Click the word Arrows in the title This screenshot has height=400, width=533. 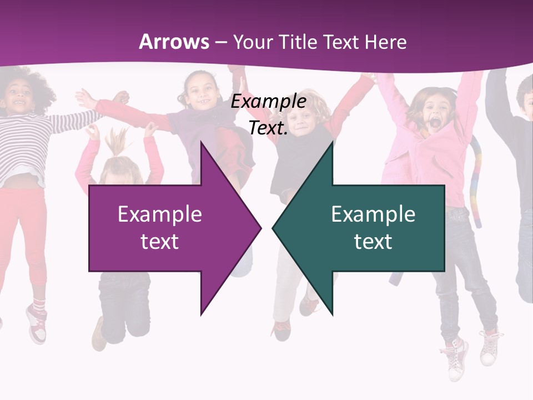174,42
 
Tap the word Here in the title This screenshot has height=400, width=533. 385,42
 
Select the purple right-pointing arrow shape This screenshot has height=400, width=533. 167,228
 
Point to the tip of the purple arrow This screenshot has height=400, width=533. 260,228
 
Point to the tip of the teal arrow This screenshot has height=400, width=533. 273,228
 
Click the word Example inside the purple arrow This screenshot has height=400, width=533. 160,214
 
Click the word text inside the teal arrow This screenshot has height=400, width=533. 373,241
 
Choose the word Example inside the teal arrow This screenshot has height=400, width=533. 373,214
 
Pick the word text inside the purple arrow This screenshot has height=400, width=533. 160,241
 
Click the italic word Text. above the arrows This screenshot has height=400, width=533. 268,128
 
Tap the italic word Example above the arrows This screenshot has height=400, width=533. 268,102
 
